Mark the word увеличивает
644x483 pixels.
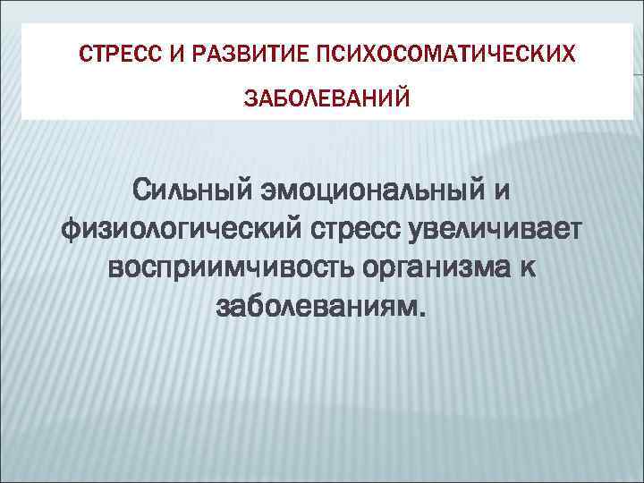tap(494, 230)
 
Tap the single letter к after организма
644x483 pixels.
tap(530, 268)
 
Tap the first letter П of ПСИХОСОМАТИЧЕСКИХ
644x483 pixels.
tap(319, 55)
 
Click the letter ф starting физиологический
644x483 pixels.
tap(69, 230)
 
